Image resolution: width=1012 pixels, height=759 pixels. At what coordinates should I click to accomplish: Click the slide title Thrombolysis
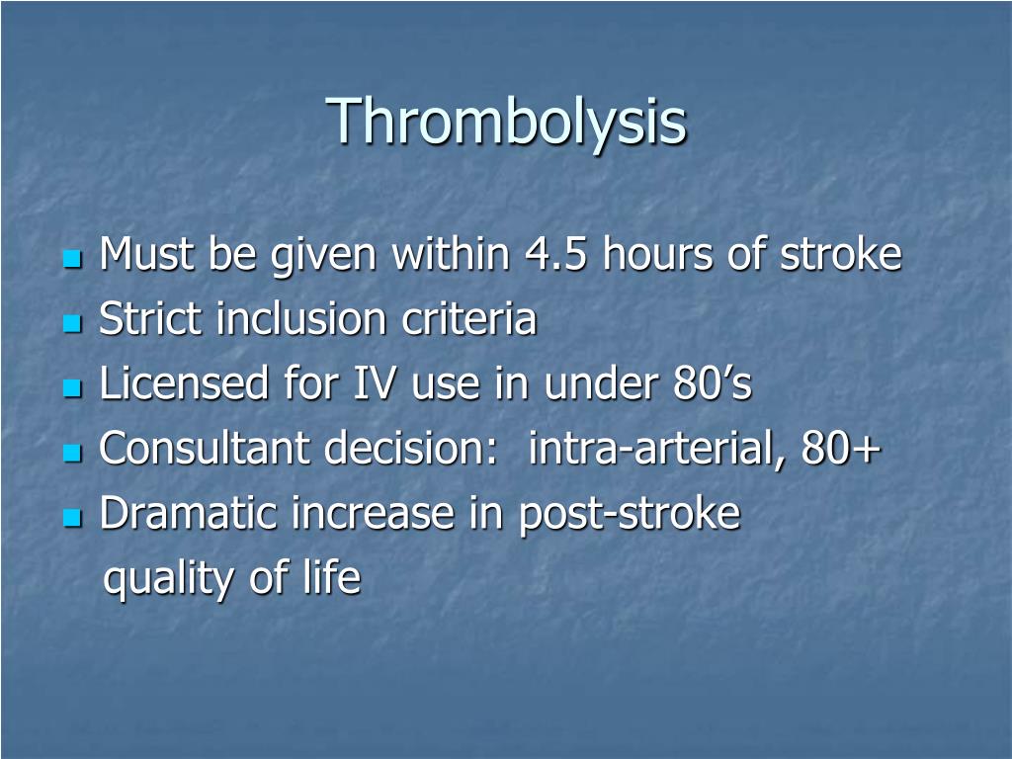coord(506,122)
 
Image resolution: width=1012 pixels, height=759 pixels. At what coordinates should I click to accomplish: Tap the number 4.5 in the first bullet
coord(555,254)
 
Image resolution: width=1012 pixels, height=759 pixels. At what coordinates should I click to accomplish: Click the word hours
coord(658,254)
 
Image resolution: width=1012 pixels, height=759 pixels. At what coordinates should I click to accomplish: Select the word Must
coord(146,254)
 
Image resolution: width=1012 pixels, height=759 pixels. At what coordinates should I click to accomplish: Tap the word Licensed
coord(184,383)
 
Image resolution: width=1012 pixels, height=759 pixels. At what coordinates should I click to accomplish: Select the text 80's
coord(712,383)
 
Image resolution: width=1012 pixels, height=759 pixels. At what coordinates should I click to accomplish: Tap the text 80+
coord(841,448)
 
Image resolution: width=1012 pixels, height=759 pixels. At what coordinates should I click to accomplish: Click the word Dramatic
coord(188,513)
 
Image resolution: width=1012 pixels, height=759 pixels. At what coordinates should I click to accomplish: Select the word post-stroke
coord(630,514)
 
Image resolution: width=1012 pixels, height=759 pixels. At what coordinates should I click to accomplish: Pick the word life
coord(332,576)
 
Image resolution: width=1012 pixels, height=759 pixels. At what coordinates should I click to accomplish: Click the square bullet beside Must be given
coord(73,260)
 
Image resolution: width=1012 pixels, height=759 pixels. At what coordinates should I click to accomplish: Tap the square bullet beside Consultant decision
coord(73,453)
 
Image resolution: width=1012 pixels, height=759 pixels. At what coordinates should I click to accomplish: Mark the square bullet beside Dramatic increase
coord(73,518)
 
